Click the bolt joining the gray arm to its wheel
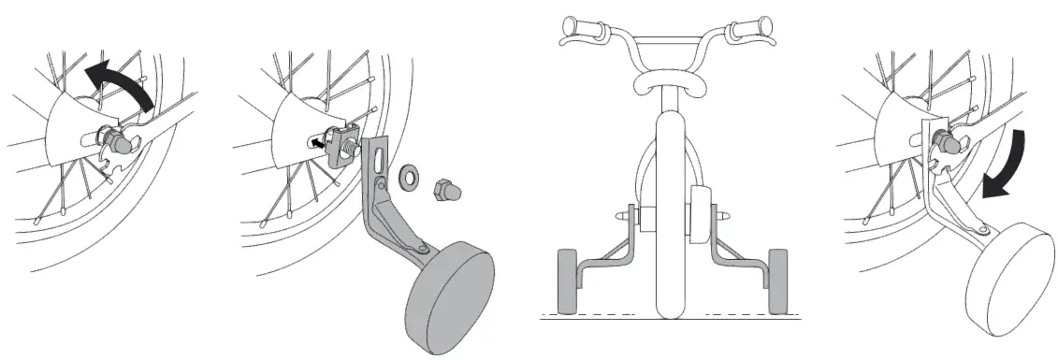pyautogui.click(x=423, y=249)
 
